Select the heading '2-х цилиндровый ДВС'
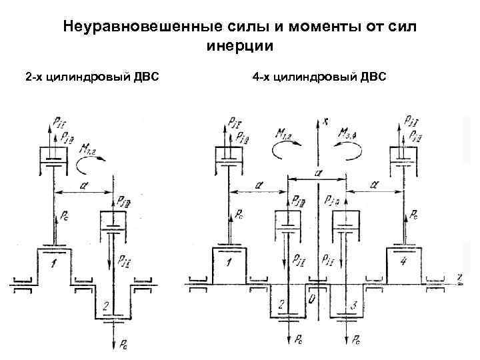pos(91,78)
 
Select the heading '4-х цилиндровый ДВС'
pos(319,78)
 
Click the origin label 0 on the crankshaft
pos(311,302)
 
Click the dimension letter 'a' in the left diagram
pos(81,186)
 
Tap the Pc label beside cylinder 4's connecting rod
pos(415,215)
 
